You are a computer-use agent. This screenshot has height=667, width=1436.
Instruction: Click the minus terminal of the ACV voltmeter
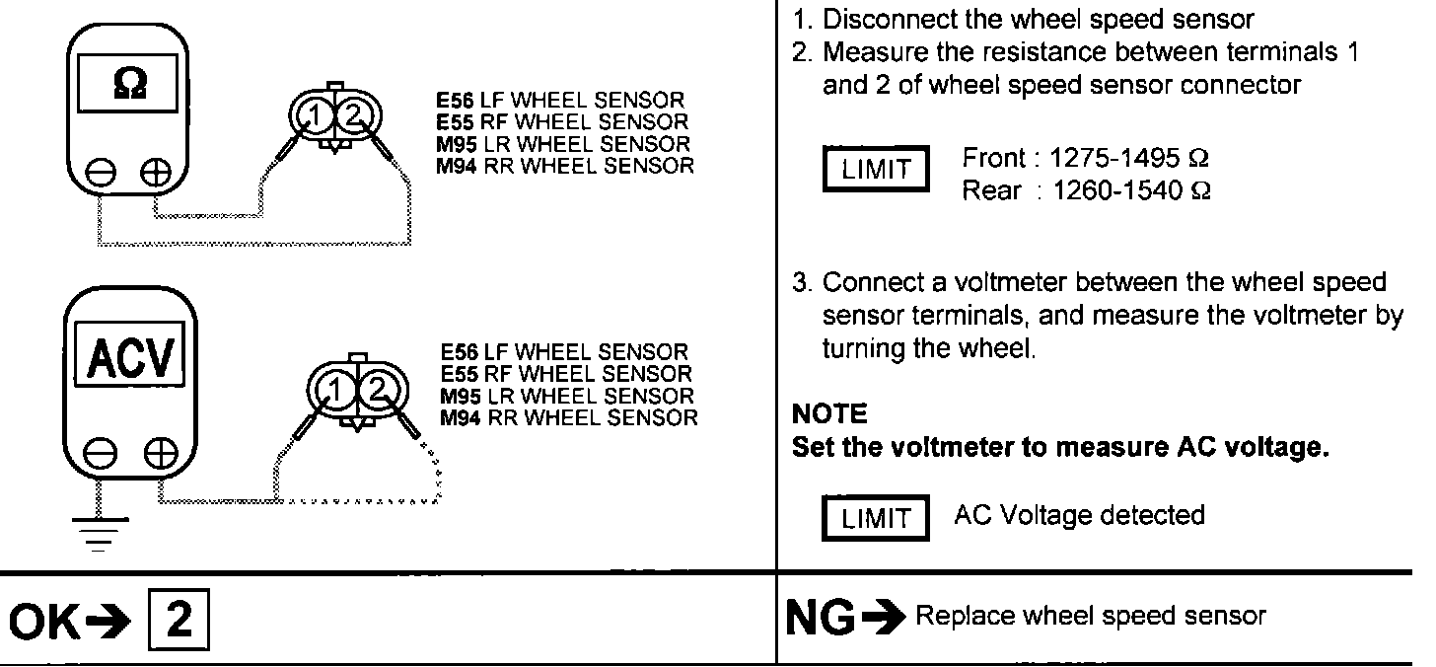(100, 456)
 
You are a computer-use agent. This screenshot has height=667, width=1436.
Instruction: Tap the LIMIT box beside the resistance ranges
(876, 169)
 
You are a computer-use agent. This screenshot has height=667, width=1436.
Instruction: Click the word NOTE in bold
(829, 413)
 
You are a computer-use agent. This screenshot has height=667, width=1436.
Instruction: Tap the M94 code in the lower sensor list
(459, 418)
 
